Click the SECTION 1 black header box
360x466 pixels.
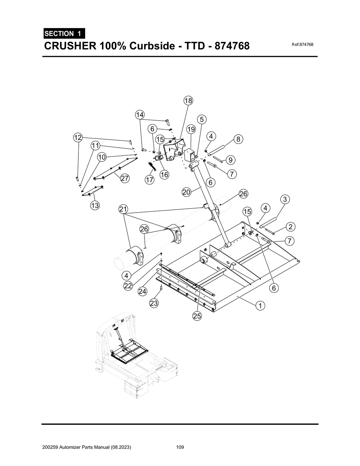pyautogui.click(x=64, y=34)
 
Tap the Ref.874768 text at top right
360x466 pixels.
pyautogui.click(x=302, y=45)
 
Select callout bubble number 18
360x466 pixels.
pyautogui.click(x=188, y=101)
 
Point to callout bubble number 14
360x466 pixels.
pyautogui.click(x=140, y=115)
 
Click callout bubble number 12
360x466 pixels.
pyautogui.click(x=78, y=137)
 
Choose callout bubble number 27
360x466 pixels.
pyautogui.click(x=124, y=178)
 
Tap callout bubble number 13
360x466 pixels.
pyautogui.click(x=95, y=206)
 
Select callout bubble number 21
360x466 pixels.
pyautogui.click(x=123, y=210)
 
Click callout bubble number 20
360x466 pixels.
pyautogui.click(x=186, y=192)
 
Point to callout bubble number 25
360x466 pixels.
pyautogui.click(x=197, y=316)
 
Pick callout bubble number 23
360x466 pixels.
pyautogui.click(x=154, y=303)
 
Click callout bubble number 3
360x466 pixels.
pyautogui.click(x=285, y=199)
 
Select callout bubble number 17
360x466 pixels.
pyautogui.click(x=149, y=180)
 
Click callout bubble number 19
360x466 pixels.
pyautogui.click(x=191, y=129)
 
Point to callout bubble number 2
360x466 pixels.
pyautogui.click(x=290, y=227)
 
